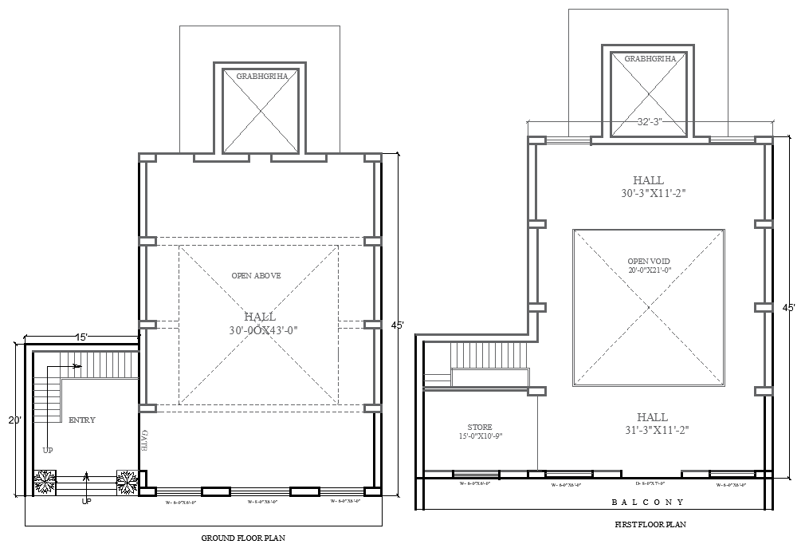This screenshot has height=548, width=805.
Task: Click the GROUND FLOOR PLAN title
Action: click(244, 538)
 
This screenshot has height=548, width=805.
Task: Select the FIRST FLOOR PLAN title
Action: click(650, 525)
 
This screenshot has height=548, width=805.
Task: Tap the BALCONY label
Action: click(647, 503)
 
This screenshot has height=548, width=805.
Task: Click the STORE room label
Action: click(480, 432)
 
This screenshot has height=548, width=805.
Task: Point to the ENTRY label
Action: click(82, 420)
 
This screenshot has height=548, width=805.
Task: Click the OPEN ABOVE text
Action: click(256, 276)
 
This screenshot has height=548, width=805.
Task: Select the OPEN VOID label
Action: click(648, 266)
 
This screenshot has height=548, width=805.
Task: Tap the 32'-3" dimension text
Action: click(650, 122)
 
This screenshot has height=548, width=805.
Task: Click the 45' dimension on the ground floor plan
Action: click(397, 325)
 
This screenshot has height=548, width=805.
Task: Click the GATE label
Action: click(145, 441)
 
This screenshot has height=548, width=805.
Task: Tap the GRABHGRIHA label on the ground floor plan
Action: click(261, 76)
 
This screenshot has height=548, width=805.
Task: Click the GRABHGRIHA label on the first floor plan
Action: click(650, 59)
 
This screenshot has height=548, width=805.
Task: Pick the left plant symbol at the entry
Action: click(45, 481)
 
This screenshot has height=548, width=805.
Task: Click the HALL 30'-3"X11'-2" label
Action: click(648, 187)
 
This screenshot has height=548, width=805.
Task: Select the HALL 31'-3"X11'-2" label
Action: click(652, 424)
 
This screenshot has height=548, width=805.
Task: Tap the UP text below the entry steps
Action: click(86, 503)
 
